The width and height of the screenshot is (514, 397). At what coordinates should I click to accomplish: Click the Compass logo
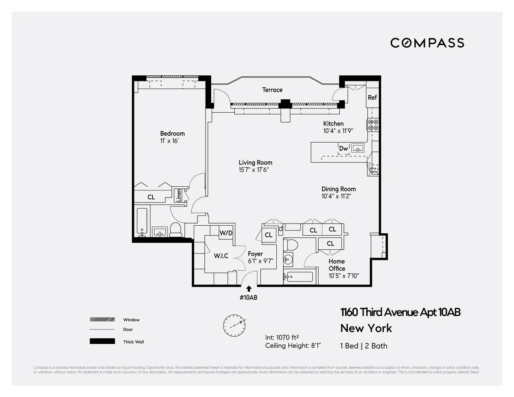427,43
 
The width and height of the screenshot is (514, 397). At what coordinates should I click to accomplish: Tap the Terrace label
272,90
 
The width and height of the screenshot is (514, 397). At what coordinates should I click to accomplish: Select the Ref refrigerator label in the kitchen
372,98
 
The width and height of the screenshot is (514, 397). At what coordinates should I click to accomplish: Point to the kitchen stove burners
373,125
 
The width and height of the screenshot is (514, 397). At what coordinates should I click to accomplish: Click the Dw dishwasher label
344,149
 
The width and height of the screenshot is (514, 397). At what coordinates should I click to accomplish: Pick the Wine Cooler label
373,170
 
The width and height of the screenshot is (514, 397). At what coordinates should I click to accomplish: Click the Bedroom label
172,133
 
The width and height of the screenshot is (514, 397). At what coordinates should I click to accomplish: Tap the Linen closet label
179,196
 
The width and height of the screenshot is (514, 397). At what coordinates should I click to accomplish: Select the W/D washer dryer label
226,233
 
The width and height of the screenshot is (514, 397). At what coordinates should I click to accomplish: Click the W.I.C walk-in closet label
221,256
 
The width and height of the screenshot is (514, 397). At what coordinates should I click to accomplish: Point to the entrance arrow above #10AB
249,289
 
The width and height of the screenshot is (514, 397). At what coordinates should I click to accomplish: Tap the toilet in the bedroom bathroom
176,230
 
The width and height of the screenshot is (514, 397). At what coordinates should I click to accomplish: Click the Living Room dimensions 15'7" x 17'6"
255,170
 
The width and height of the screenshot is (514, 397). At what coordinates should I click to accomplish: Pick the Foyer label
255,254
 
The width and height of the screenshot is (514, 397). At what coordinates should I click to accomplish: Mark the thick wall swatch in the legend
102,341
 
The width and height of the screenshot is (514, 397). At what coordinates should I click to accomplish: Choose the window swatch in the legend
102,319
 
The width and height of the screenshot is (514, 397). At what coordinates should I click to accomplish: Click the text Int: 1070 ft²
283,337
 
